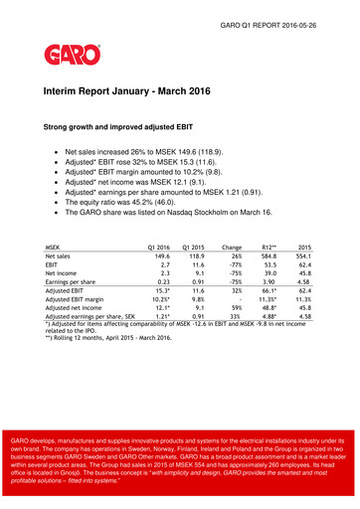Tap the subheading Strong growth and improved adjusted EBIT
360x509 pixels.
coord(127,127)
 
